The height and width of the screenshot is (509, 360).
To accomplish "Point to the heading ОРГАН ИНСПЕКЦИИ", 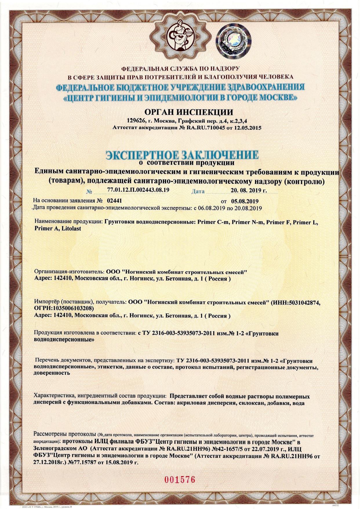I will (x=180, y=112).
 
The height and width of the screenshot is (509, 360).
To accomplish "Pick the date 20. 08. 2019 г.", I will (x=249, y=190).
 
